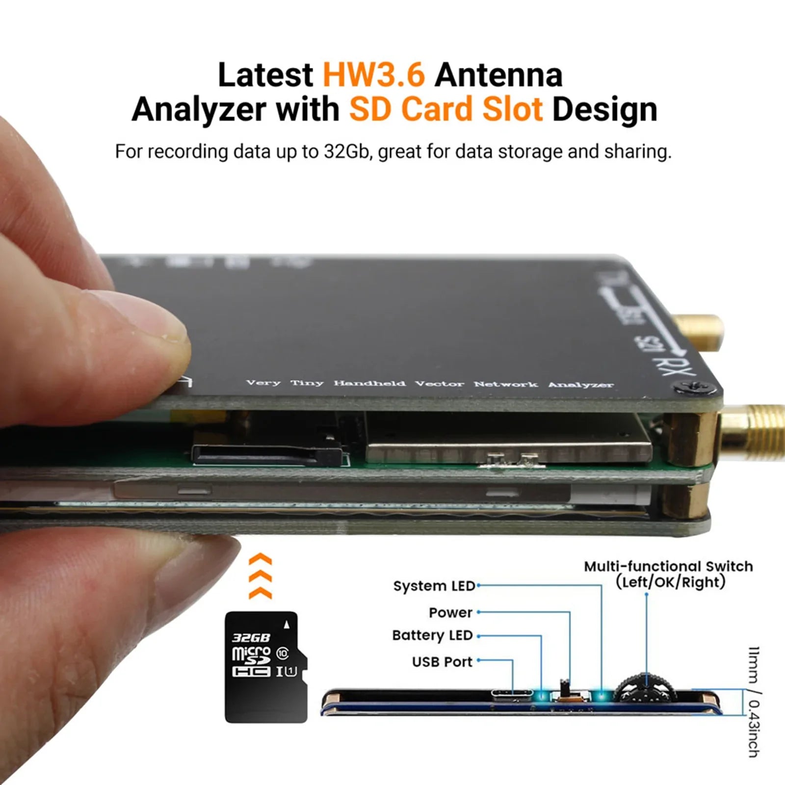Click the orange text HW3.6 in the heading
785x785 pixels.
pyautogui.click(x=373, y=75)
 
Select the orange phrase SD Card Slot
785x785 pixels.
pyautogui.click(x=445, y=109)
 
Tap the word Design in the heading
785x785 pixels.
pyautogui.click(x=604, y=109)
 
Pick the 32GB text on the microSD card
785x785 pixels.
pyautogui.click(x=251, y=637)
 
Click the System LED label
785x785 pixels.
pyautogui.click(x=434, y=586)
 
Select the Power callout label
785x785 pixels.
pyautogui.click(x=450, y=612)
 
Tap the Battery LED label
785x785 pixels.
pyautogui.click(x=432, y=635)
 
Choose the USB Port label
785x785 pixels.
pyautogui.click(x=442, y=662)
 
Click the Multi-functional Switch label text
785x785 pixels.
pyautogui.click(x=668, y=567)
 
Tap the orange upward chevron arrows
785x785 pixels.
pyautogui.click(x=261, y=576)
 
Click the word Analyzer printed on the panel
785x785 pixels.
pyautogui.click(x=580, y=385)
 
